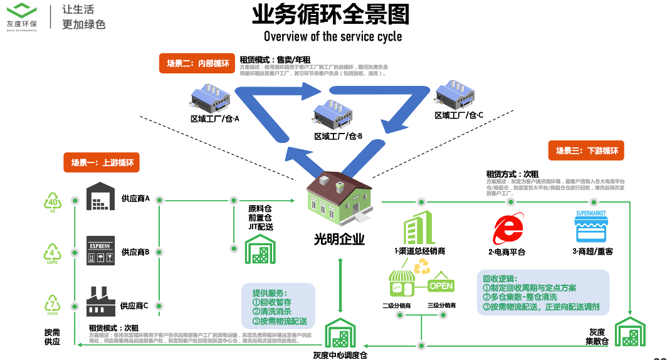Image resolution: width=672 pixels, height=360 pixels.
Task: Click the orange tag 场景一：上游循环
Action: [x=102, y=162]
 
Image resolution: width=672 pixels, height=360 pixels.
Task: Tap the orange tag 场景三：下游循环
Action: [x=586, y=151]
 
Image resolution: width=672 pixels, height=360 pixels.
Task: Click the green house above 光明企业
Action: [x=339, y=198]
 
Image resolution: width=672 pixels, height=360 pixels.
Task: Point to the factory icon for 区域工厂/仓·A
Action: [x=211, y=99]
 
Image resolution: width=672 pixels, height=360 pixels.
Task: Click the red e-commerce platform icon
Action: [x=507, y=230]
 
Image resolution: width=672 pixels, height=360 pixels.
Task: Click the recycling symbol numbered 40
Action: [x=53, y=202]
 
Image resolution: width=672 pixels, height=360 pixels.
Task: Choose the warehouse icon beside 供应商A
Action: [x=101, y=198]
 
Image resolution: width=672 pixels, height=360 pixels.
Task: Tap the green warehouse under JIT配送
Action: [x=260, y=249]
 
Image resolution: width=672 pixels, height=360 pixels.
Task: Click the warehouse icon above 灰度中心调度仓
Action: [x=340, y=334]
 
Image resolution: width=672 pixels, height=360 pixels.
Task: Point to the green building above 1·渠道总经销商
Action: [x=419, y=227]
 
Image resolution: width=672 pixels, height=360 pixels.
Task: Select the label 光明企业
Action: [x=339, y=240]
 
